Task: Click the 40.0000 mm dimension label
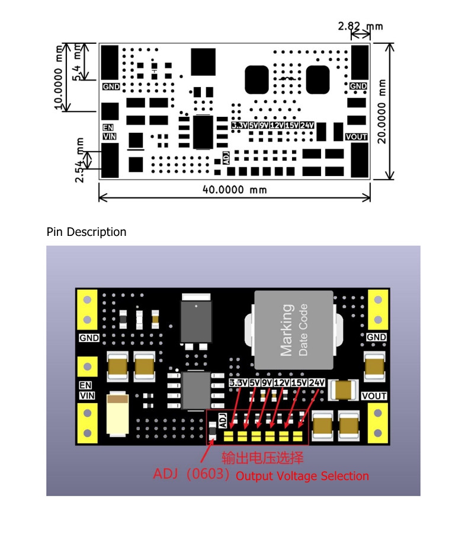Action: (x=235, y=190)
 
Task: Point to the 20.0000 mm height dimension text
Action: (x=382, y=111)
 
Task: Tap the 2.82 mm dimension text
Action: (x=360, y=26)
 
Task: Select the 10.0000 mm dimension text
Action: (x=59, y=76)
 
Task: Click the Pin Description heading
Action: (x=86, y=232)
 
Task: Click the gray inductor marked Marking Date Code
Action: (x=294, y=330)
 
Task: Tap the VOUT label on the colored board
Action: (x=374, y=396)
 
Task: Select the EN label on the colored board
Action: (x=85, y=385)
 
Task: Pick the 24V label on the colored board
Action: (x=316, y=382)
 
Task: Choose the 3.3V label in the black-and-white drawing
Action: (x=239, y=125)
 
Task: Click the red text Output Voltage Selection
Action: (x=302, y=476)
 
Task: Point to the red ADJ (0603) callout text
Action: (x=191, y=474)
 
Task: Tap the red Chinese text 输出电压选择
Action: (x=262, y=458)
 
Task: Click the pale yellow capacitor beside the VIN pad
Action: (x=117, y=414)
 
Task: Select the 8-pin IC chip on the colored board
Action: (x=196, y=391)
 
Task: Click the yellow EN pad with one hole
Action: (x=87, y=366)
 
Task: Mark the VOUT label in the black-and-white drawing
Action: (x=356, y=137)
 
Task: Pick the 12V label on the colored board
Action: (x=281, y=382)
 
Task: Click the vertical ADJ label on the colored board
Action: (x=223, y=420)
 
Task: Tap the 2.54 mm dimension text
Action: (x=79, y=160)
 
